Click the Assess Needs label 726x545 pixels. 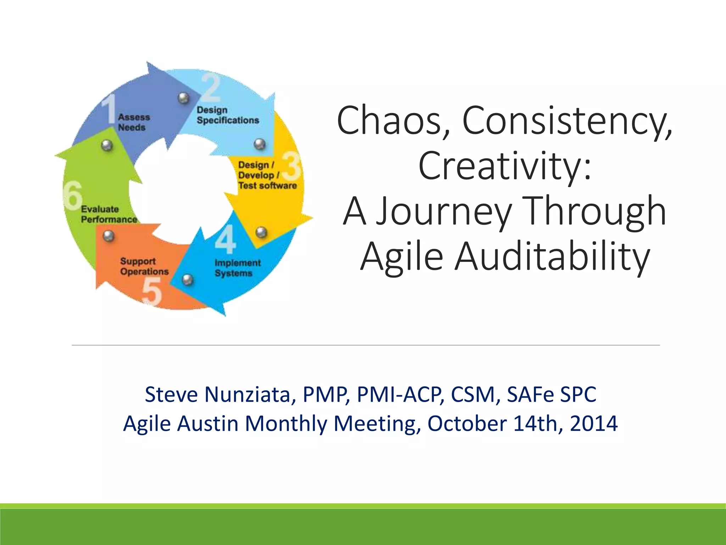pyautogui.click(x=134, y=122)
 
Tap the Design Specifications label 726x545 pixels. pyautogui.click(x=228, y=115)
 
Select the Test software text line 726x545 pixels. pyautogui.click(x=267, y=186)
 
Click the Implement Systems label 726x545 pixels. pyautogui.click(x=237, y=268)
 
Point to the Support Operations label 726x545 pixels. pyautogui.click(x=144, y=266)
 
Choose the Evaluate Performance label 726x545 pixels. pyautogui.click(x=108, y=214)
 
